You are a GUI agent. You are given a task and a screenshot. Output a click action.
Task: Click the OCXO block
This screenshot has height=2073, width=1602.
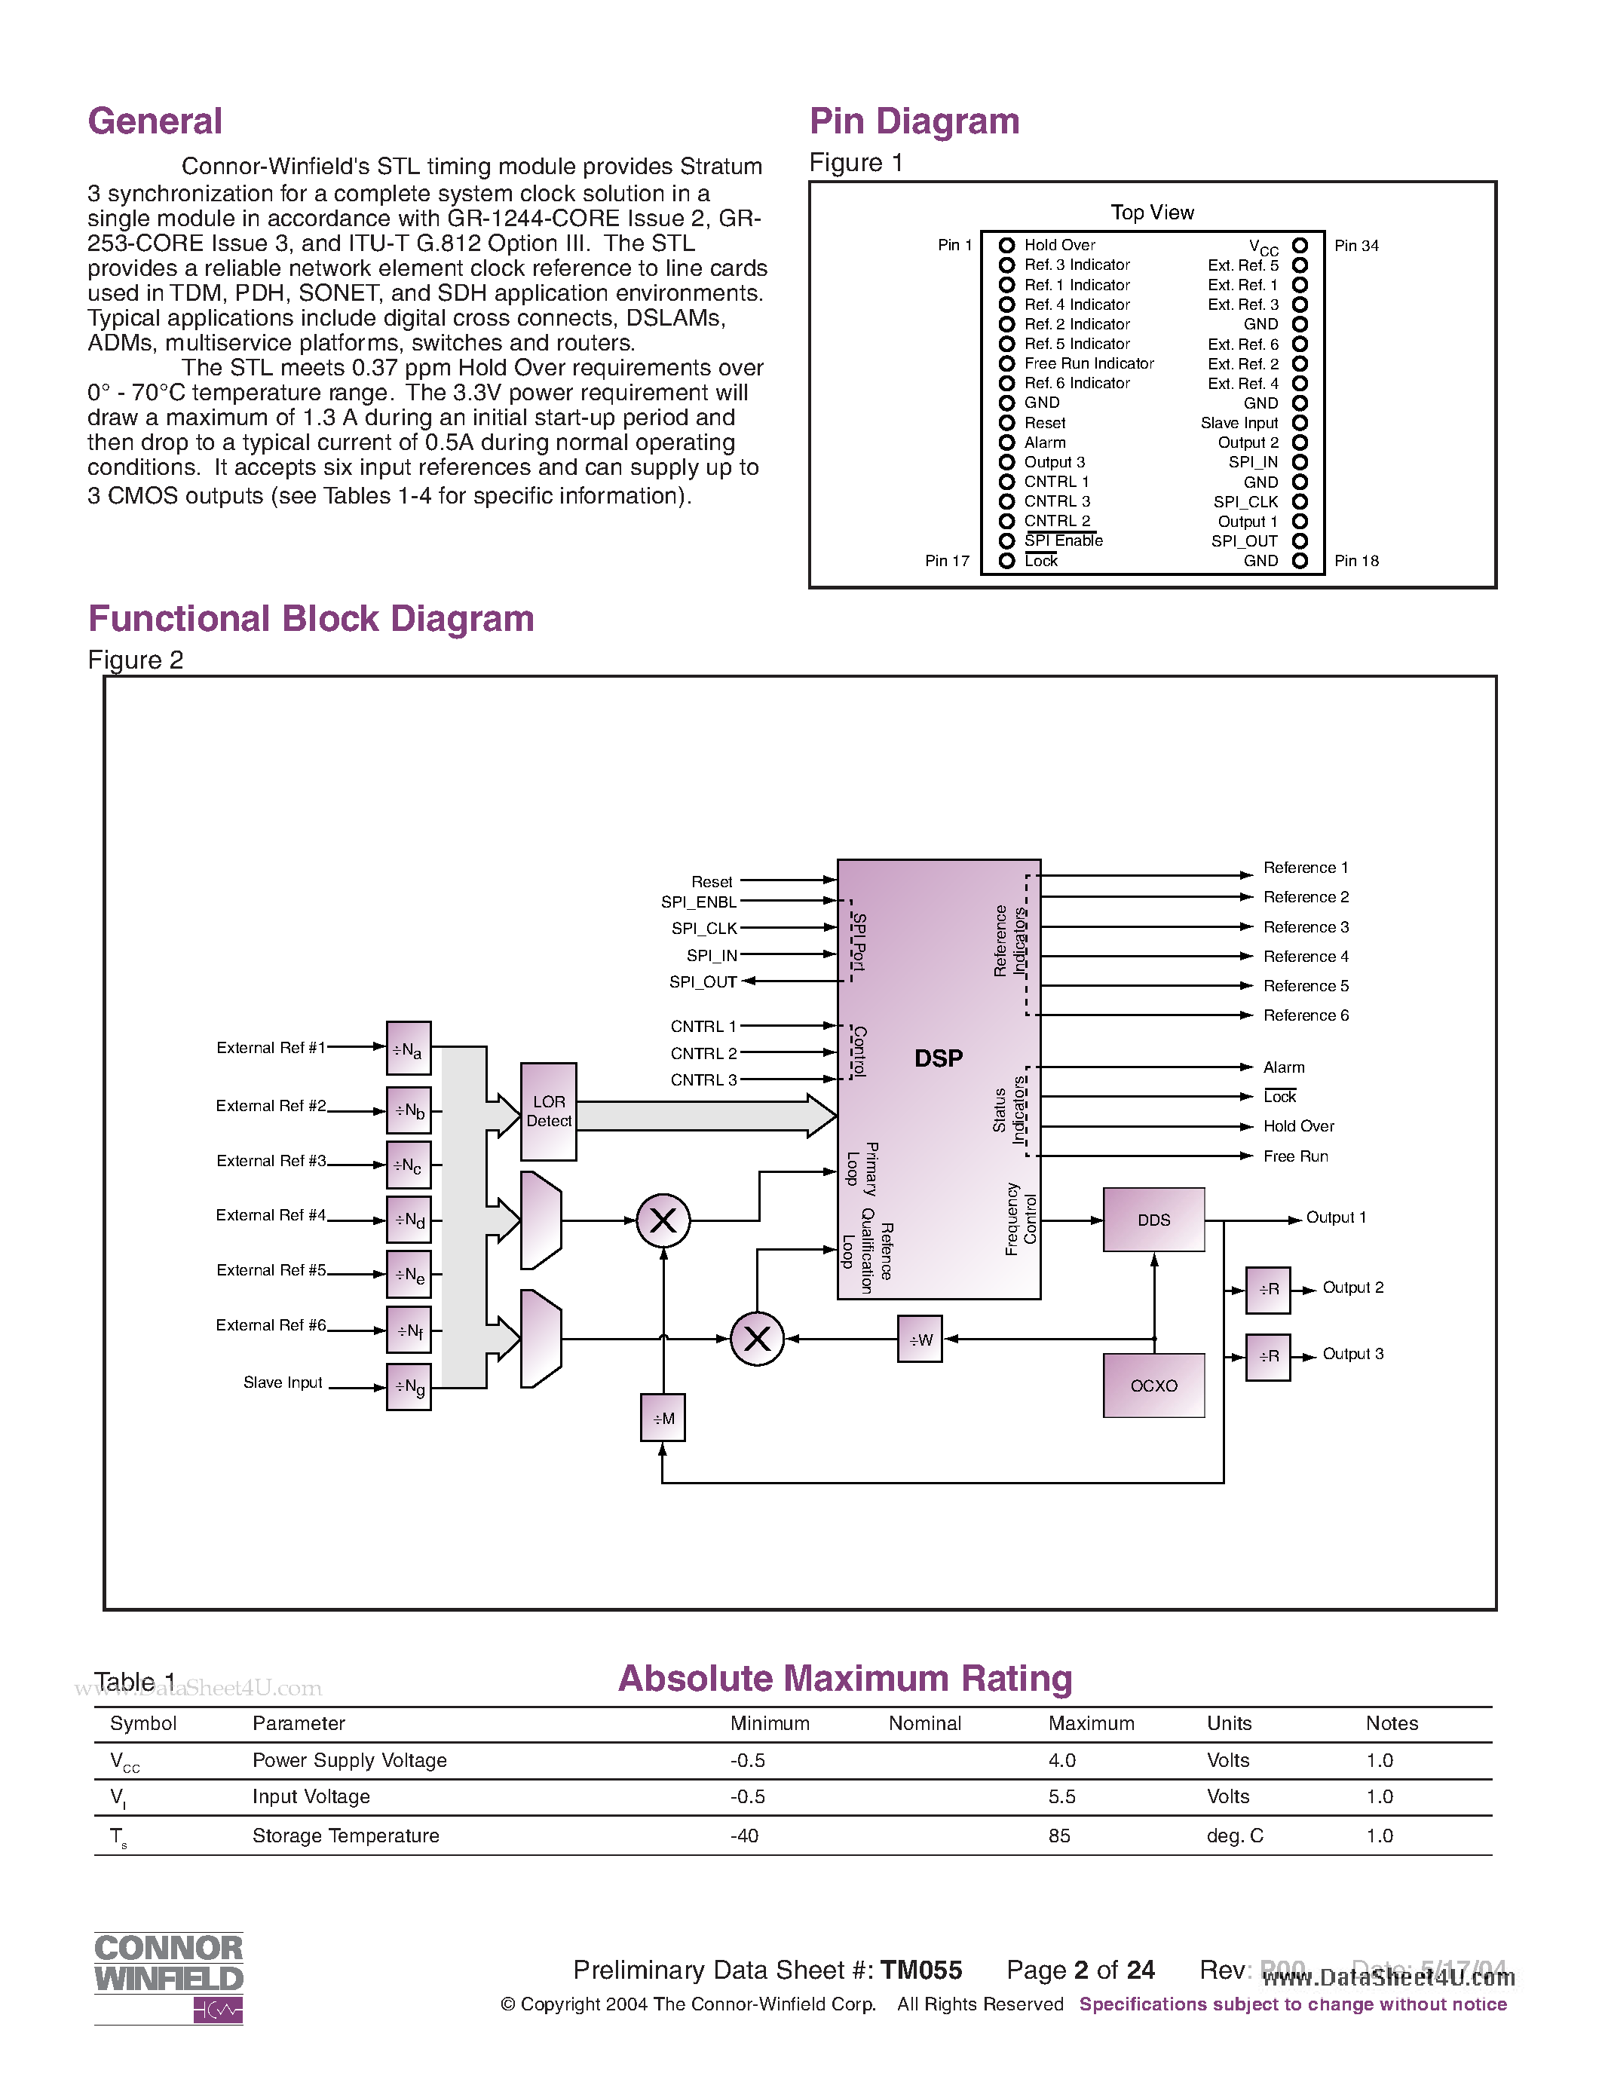pyautogui.click(x=1153, y=1385)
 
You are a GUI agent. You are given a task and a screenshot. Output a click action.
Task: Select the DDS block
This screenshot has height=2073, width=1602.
pyautogui.click(x=1153, y=1220)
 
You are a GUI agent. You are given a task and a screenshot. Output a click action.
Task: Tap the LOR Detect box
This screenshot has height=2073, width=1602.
pyautogui.click(x=549, y=1110)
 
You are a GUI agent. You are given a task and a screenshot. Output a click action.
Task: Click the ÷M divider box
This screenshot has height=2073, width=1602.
pyautogui.click(x=663, y=1418)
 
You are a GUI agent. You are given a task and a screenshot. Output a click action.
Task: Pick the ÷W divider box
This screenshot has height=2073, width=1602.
pyautogui.click(x=920, y=1340)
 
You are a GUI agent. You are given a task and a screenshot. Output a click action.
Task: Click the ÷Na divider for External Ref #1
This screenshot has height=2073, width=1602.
pyautogui.click(x=408, y=1049)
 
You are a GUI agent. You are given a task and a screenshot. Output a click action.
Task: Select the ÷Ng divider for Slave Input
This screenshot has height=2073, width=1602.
pyautogui.click(x=408, y=1387)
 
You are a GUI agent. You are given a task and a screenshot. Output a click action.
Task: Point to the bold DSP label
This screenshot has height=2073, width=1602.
pyautogui.click(x=938, y=1058)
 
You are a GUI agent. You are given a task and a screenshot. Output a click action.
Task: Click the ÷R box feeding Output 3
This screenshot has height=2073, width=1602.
pyautogui.click(x=1268, y=1356)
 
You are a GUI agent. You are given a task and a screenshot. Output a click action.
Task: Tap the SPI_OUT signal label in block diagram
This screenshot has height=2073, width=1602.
pyautogui.click(x=703, y=981)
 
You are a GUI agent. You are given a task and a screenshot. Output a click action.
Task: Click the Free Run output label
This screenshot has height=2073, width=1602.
pyautogui.click(x=1295, y=1156)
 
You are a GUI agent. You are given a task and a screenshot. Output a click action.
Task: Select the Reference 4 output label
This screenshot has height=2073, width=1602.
pyautogui.click(x=1305, y=956)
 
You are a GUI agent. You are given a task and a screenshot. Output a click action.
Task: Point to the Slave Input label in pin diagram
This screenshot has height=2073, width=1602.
pyautogui.click(x=1239, y=422)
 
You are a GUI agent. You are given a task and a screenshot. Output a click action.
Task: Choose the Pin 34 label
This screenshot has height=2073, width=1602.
pyautogui.click(x=1356, y=246)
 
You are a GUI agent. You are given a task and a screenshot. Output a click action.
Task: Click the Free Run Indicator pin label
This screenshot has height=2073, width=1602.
pyautogui.click(x=1089, y=363)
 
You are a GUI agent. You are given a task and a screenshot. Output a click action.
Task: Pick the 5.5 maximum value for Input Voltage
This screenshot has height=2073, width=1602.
pyautogui.click(x=1062, y=1797)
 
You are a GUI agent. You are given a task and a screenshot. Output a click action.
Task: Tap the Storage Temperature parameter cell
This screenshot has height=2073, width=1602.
pyautogui.click(x=345, y=1836)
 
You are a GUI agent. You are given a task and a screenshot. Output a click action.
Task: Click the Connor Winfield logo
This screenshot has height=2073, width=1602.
pyautogui.click(x=169, y=1978)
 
